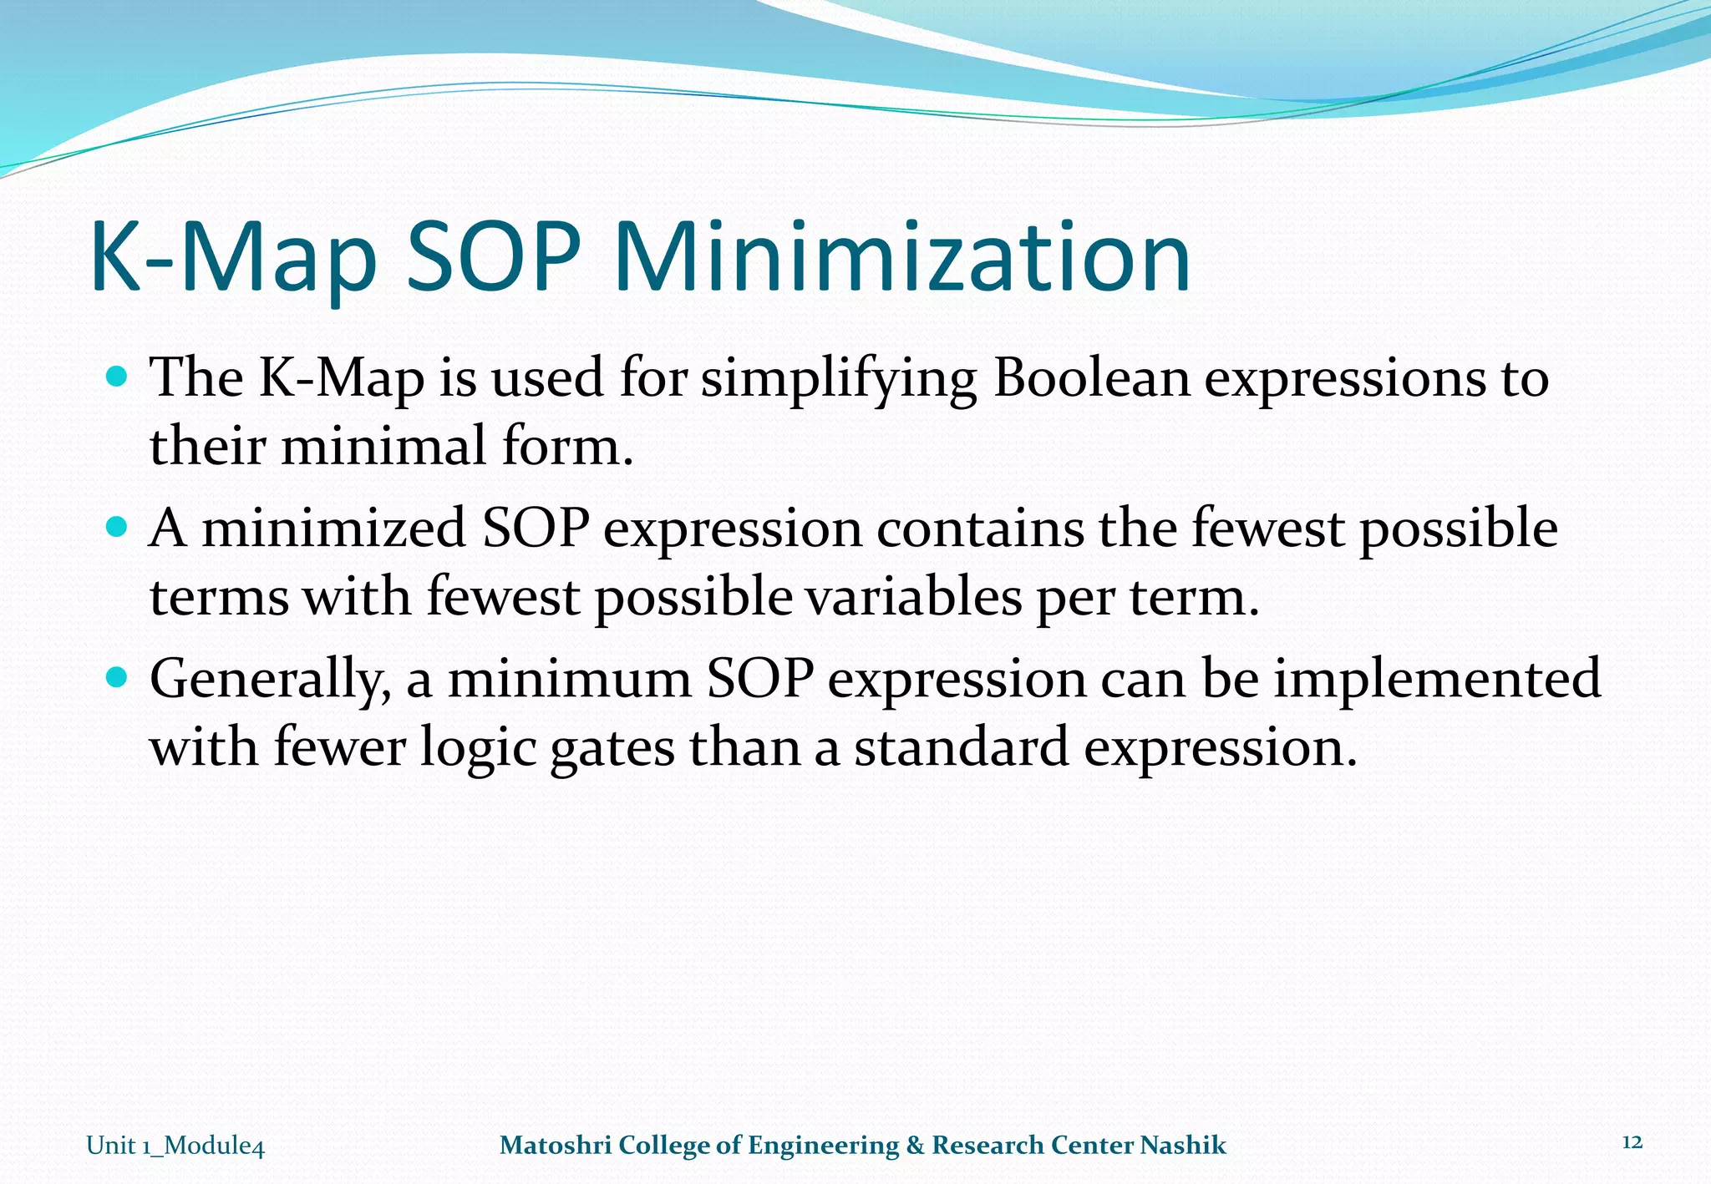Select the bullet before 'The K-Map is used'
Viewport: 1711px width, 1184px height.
click(118, 377)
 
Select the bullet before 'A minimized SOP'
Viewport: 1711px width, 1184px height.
click(118, 528)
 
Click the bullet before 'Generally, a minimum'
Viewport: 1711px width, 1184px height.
click(118, 677)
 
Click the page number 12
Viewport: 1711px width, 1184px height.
click(1632, 1142)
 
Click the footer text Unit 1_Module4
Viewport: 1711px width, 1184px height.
click(175, 1146)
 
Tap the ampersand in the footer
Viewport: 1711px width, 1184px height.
click(916, 1145)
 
